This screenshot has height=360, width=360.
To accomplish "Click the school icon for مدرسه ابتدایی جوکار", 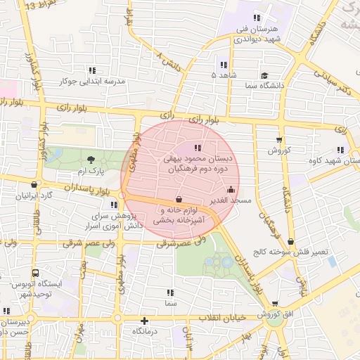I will tap(92, 70).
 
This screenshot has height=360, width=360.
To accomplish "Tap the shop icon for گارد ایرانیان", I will tap(32, 184).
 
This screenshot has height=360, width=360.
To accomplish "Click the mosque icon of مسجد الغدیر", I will tap(231, 190).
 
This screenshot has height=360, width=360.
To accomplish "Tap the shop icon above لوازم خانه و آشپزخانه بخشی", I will tap(179, 200).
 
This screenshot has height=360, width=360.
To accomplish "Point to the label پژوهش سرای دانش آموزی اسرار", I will tap(115, 220).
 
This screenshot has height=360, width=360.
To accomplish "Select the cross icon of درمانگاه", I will tap(144, 321).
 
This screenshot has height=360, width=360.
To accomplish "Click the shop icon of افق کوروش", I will tap(274, 304).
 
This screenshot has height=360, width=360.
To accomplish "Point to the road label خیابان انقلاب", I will tap(222, 317).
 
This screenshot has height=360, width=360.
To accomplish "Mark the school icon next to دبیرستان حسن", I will tap(6, 311).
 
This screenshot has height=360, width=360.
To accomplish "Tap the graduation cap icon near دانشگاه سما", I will tap(264, 75).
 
